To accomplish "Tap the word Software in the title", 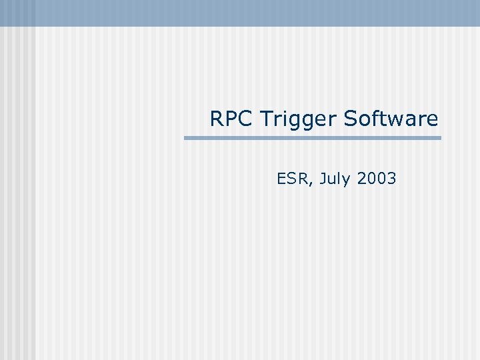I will coord(391,119).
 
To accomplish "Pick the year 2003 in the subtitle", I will coord(377,179).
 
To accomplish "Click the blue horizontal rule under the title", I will coord(313,138).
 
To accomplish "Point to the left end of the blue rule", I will coord(186,138).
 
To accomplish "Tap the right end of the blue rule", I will coord(439,138).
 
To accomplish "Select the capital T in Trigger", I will coord(266,119).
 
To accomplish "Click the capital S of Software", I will coord(351,119).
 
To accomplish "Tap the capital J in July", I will coord(322,179).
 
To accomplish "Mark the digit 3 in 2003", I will coord(391,179).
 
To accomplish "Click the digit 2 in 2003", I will coord(362,179).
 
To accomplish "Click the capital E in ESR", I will coord(281,179).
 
